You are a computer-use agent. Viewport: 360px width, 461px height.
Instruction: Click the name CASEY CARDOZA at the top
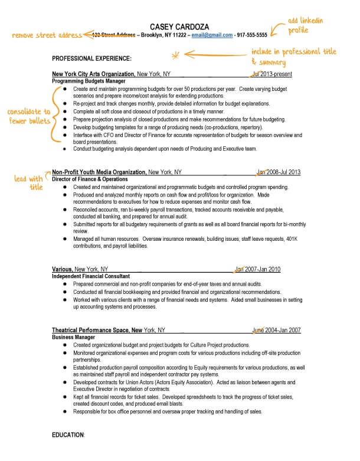tap(179, 27)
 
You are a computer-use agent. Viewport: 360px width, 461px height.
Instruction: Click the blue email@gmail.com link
tap(212, 35)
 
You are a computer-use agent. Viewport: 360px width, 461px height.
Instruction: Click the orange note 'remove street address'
tap(47, 35)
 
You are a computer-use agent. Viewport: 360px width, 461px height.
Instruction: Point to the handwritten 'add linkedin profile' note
tap(306, 25)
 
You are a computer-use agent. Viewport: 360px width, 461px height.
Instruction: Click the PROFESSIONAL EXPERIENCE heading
tap(91, 58)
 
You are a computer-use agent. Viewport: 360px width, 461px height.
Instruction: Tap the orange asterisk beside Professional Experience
tap(175, 56)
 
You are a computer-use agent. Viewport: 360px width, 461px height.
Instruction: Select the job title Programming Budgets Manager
tap(89, 80)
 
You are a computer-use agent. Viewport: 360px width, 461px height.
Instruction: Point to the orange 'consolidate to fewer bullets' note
tap(28, 116)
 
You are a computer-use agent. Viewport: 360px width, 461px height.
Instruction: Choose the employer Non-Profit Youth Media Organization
tap(99, 172)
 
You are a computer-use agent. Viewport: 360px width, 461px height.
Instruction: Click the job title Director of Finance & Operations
tap(90, 179)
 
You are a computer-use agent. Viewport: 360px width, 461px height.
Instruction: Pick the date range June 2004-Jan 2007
tap(277, 331)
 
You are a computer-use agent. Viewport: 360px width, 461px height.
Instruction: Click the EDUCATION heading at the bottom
tap(68, 434)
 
